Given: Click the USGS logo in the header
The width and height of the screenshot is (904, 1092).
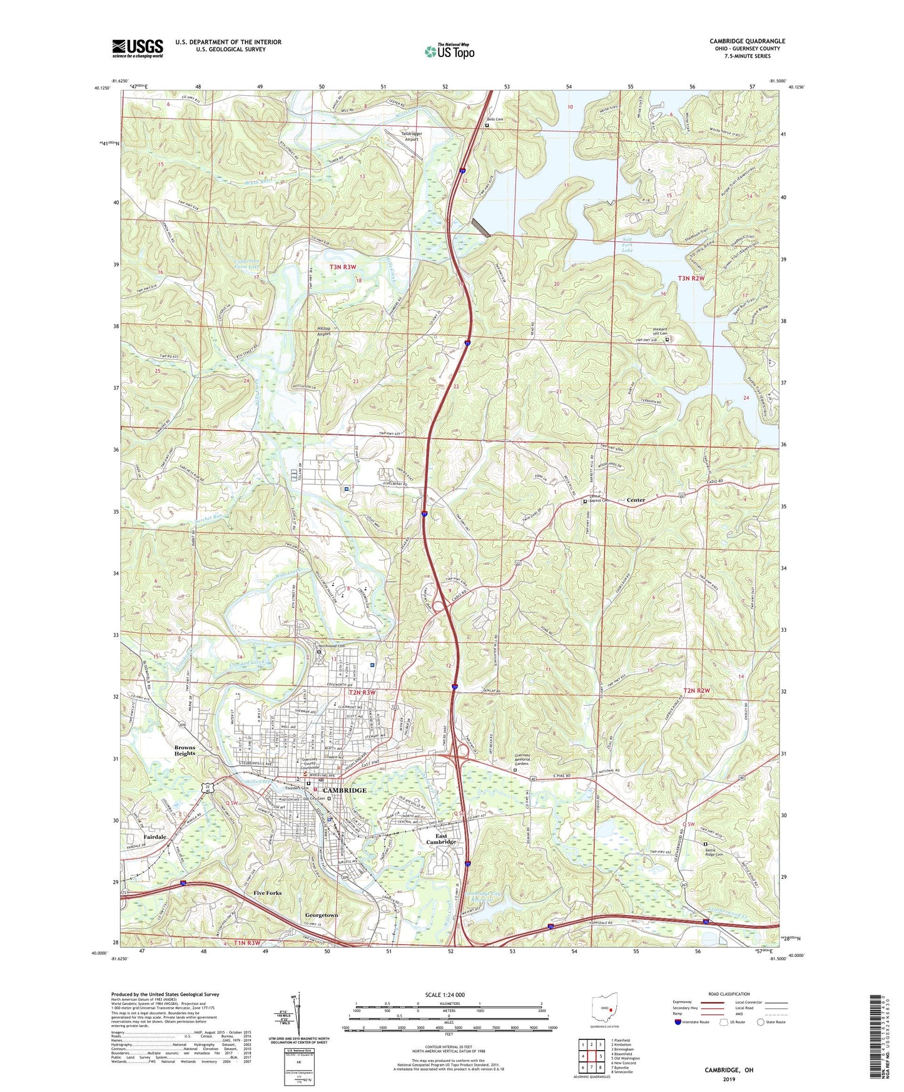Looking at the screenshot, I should (138, 48).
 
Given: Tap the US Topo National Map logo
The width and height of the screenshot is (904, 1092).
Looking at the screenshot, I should (449, 51).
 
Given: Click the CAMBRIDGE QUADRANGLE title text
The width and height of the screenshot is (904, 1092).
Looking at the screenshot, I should (747, 41).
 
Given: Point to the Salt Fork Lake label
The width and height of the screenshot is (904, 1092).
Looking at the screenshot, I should (627, 245).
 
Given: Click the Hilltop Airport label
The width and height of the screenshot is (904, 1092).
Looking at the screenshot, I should (323, 331).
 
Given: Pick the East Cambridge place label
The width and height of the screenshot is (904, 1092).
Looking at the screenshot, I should (441, 839).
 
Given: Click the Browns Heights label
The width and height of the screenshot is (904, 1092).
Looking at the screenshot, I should (185, 751).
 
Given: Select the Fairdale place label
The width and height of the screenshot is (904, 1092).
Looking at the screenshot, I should (155, 837).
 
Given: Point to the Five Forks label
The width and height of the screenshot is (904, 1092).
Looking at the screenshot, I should (267, 893).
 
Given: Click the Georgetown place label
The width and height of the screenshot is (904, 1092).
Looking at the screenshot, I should (322, 915).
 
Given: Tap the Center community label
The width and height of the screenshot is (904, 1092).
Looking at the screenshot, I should (636, 500).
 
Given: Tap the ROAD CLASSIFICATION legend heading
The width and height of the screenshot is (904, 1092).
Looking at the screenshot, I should (729, 994).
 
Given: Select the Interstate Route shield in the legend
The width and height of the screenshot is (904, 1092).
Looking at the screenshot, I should (678, 1022).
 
